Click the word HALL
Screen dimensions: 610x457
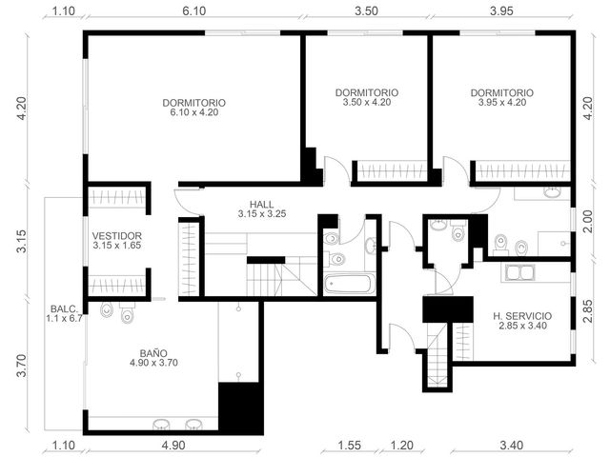click(261, 204)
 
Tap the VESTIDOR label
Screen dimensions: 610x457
click(116, 236)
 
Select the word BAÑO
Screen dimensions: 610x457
click(153, 353)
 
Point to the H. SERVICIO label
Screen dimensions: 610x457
click(522, 316)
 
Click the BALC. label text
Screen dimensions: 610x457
click(65, 309)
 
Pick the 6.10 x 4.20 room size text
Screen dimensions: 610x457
click(194, 112)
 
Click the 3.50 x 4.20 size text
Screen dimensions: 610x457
click(367, 103)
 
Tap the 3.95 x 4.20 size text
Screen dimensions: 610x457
click(502, 103)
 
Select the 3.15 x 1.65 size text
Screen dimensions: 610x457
click(116, 246)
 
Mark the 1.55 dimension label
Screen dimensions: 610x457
click(350, 445)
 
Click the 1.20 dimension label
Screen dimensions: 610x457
click(401, 445)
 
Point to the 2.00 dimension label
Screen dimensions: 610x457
click(588, 221)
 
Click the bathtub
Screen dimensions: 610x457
click(350, 284)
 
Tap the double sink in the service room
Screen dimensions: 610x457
click(520, 272)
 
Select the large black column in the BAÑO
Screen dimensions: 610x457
click(241, 408)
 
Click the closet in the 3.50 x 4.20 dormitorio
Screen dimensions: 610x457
click(392, 170)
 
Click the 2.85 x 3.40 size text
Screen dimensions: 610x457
click(522, 326)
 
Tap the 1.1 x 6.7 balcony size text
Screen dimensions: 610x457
click(65, 319)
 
